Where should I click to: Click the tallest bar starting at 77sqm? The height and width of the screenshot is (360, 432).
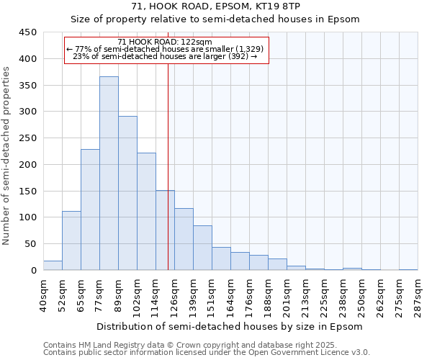click(109, 173)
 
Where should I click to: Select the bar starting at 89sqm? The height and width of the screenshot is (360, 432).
click(127, 193)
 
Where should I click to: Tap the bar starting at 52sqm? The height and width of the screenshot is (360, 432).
click(71, 240)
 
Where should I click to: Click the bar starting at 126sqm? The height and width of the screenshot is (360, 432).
click(184, 239)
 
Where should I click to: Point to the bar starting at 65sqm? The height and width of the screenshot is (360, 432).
click(90, 210)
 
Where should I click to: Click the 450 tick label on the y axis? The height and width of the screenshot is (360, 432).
click(28, 32)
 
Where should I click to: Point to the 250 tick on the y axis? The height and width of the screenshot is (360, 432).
click(28, 138)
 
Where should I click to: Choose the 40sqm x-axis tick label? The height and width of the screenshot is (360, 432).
click(44, 294)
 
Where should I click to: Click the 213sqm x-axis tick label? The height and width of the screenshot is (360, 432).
click(306, 296)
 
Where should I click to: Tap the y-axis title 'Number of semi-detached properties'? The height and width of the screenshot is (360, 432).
click(7, 156)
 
